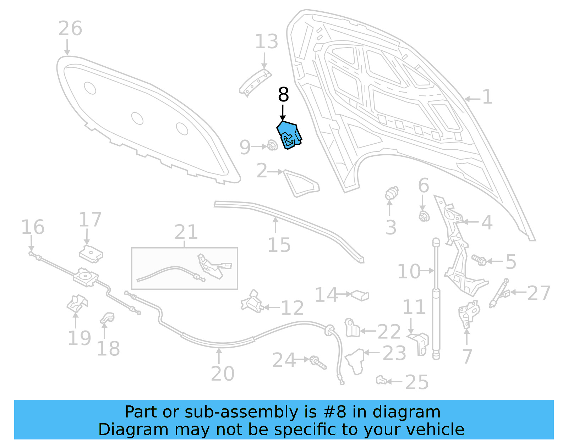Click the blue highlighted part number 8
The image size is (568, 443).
289,135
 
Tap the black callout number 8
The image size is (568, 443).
283,95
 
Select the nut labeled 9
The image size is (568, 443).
272,145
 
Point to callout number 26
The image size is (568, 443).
70,28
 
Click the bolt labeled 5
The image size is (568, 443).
479,260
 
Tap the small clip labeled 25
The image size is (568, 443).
381,381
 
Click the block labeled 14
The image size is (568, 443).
360,295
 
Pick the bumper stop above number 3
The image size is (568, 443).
392,193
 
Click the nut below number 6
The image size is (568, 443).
424,216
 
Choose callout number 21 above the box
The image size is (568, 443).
186,232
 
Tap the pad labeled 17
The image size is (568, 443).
91,254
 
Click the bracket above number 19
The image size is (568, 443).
77,303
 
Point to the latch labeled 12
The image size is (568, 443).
252,302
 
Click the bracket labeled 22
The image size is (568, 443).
351,328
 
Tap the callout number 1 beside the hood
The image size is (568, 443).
487,97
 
